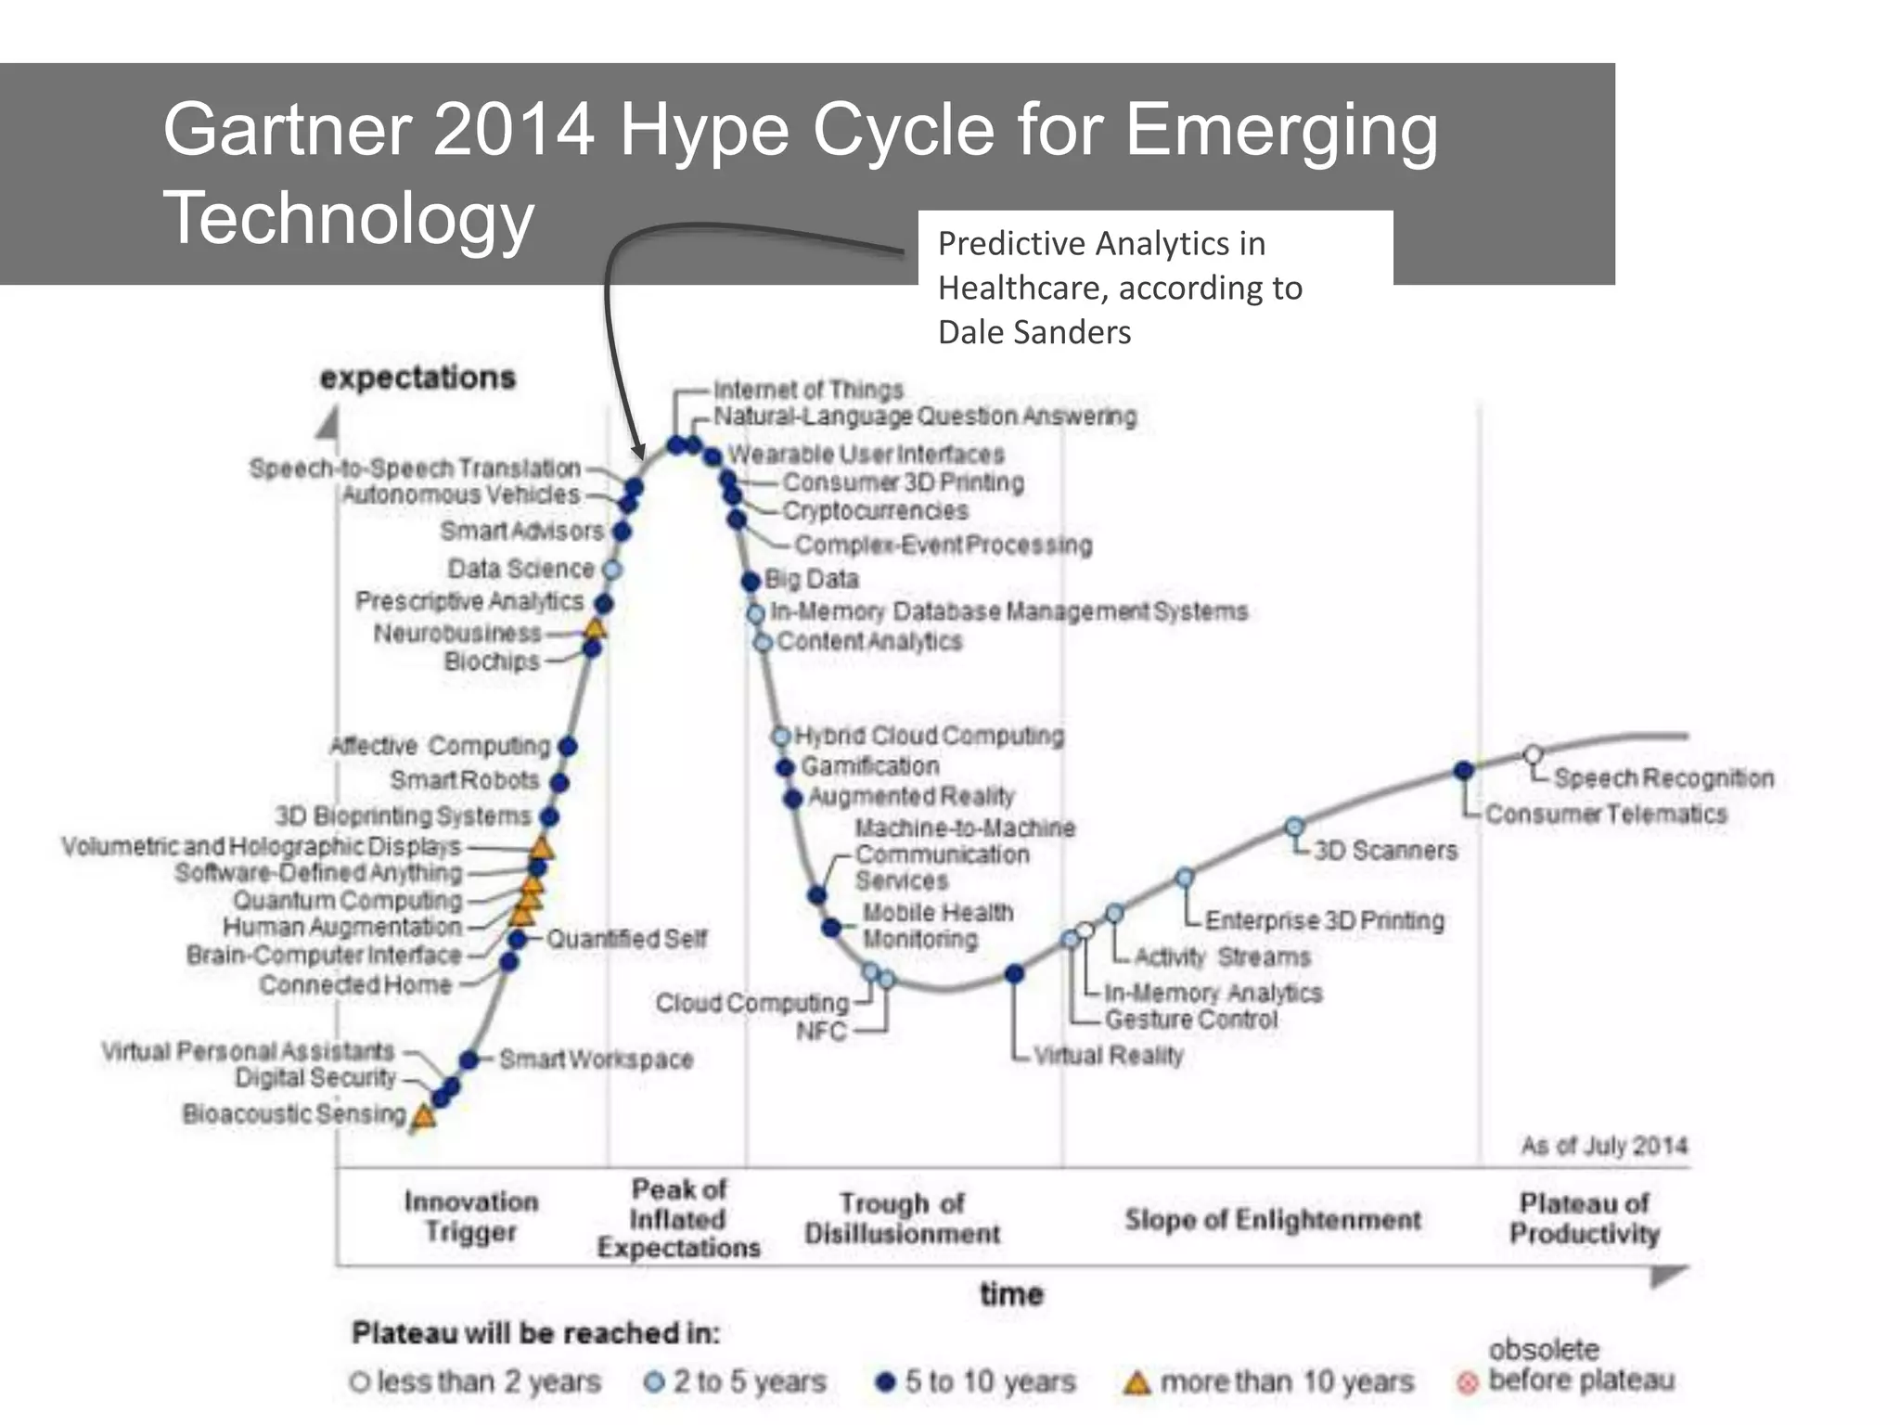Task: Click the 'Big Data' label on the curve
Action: pyautogui.click(x=812, y=579)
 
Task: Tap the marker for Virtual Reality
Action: pyautogui.click(x=1015, y=973)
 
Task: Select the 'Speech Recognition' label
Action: pyautogui.click(x=1663, y=777)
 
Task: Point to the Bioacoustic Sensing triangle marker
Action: pyautogui.click(x=424, y=1116)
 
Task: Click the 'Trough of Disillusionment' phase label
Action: pyautogui.click(x=902, y=1218)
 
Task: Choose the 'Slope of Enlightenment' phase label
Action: pyautogui.click(x=1272, y=1219)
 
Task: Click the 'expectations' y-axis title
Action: pyautogui.click(x=417, y=378)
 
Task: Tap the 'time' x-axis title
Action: pyautogui.click(x=1011, y=1293)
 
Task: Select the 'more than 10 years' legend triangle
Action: pyautogui.click(x=1136, y=1383)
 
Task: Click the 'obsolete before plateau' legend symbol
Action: pyautogui.click(x=1467, y=1383)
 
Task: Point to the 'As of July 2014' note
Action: pyautogui.click(x=1603, y=1146)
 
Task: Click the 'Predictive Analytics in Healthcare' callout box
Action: pyautogui.click(x=1154, y=287)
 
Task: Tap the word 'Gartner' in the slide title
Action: pyautogui.click(x=287, y=130)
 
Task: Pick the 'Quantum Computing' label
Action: pyautogui.click(x=348, y=900)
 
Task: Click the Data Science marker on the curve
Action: pyautogui.click(x=611, y=569)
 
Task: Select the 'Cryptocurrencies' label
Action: pyautogui.click(x=875, y=510)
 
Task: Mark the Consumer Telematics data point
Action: pyautogui.click(x=1464, y=770)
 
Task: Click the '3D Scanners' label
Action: pyautogui.click(x=1385, y=850)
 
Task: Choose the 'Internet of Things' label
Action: pyautogui.click(x=807, y=390)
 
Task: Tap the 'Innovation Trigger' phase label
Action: pyautogui.click(x=470, y=1216)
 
